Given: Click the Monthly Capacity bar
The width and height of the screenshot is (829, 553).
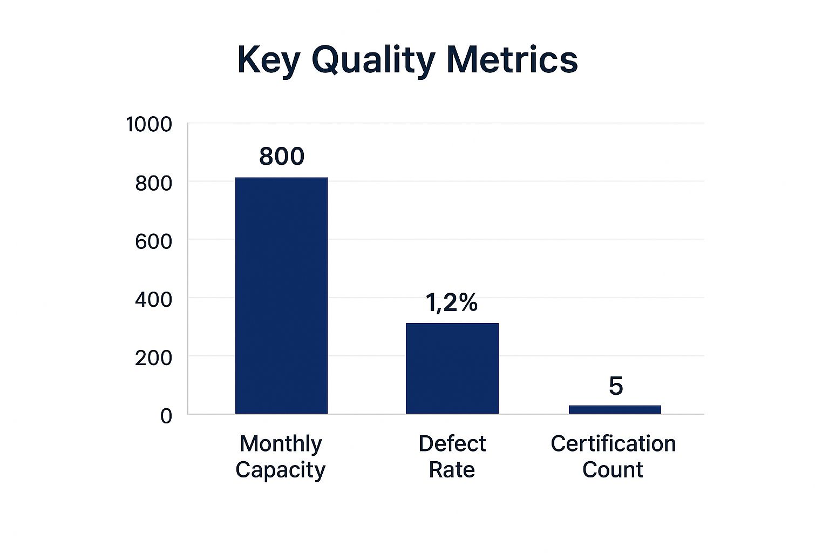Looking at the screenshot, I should point(281,295).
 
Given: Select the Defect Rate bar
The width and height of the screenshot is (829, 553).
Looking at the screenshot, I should point(452,368).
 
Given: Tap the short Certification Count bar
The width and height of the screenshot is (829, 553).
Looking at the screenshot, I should point(615,409).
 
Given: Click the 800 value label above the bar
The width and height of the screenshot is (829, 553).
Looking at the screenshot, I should point(282,157).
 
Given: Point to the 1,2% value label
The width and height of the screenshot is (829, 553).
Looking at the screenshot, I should point(452,302).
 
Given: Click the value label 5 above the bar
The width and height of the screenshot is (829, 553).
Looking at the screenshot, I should point(616,386).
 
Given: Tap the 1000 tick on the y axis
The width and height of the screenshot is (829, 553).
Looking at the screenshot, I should point(149,125).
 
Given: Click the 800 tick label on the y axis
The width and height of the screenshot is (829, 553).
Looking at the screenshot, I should point(154,184).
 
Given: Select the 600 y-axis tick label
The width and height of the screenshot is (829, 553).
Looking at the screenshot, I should point(154,241).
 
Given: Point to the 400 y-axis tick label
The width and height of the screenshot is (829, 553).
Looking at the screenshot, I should point(154,299).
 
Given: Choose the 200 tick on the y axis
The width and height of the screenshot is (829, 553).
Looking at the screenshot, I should point(154,358).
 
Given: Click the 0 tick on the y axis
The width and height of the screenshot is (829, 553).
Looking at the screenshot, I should point(166,416).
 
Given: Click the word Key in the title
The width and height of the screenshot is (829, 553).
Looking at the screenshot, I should point(268,59).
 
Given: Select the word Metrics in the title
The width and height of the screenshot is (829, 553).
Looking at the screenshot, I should point(512,59).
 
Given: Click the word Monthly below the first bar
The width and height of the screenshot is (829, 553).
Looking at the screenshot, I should point(281,444).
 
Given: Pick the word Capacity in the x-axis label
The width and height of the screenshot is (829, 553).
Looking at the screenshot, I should point(281,470).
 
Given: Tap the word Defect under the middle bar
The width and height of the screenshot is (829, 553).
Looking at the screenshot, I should point(452,444).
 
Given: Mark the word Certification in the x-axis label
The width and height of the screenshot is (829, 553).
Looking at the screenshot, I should point(613,444).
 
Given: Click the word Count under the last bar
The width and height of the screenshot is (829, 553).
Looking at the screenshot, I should point(613,470).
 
